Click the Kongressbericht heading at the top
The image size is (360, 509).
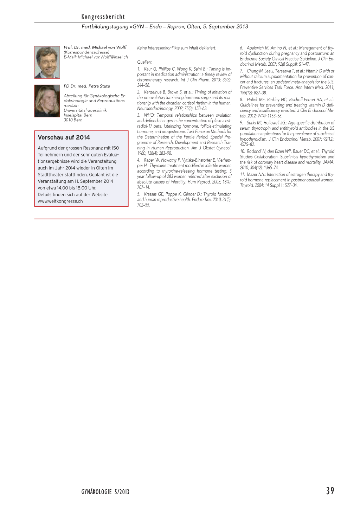103,17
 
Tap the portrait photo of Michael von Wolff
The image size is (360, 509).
47,62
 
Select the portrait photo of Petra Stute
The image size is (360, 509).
47,101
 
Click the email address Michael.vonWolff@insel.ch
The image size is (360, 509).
103,57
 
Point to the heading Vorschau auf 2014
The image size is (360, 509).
64,137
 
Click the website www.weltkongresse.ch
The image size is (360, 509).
60,201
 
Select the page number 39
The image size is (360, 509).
330,491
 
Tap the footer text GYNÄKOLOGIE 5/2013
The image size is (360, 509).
105,492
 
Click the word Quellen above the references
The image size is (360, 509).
144,62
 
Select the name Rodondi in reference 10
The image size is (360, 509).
254,151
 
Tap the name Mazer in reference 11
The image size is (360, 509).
252,174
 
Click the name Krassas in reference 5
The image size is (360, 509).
150,194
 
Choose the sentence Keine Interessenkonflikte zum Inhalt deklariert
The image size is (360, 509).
176,48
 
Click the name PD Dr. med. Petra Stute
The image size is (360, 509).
87,86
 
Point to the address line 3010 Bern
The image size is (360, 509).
73,120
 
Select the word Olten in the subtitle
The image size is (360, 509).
193,26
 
